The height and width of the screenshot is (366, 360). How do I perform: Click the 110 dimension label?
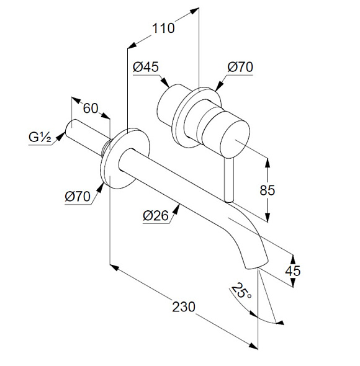(163, 29)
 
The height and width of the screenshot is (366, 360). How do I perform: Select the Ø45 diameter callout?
(146, 67)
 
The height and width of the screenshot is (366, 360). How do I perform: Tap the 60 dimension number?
(91, 109)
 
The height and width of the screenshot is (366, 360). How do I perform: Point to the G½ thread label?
(40, 137)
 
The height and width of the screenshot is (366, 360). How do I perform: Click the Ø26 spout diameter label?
(156, 216)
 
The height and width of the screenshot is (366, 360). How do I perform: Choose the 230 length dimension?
(184, 306)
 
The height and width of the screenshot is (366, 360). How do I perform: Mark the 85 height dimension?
(268, 190)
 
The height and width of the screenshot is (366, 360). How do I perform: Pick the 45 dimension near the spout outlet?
(292, 271)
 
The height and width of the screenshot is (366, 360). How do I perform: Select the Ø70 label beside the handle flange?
(240, 67)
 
